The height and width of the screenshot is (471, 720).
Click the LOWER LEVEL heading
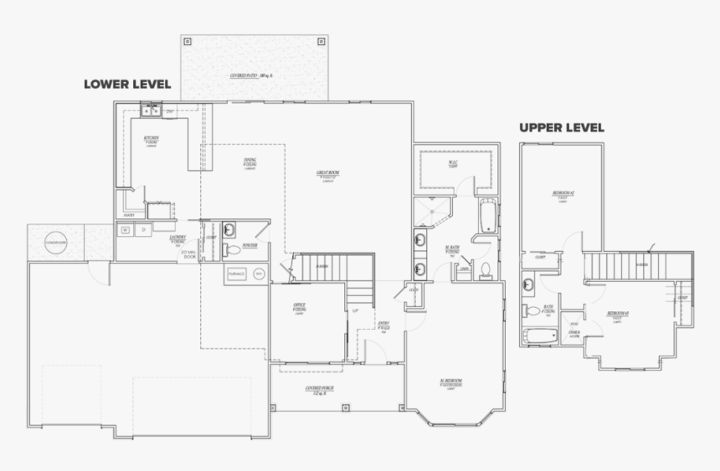[127, 84]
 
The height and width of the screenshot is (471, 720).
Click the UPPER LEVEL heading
[561, 128]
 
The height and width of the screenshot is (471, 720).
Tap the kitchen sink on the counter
[152, 109]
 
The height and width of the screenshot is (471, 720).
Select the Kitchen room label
[152, 140]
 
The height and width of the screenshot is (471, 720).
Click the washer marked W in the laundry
[126, 229]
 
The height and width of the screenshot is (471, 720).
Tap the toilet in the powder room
[231, 249]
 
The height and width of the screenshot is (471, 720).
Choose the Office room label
[299, 306]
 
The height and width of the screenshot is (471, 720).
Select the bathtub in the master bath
[488, 217]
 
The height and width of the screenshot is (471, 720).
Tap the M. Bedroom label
[452, 383]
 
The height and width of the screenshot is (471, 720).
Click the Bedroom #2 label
[563, 195]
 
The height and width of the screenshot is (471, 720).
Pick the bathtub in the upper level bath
[540, 336]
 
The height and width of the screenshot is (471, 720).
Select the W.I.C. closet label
[452, 164]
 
